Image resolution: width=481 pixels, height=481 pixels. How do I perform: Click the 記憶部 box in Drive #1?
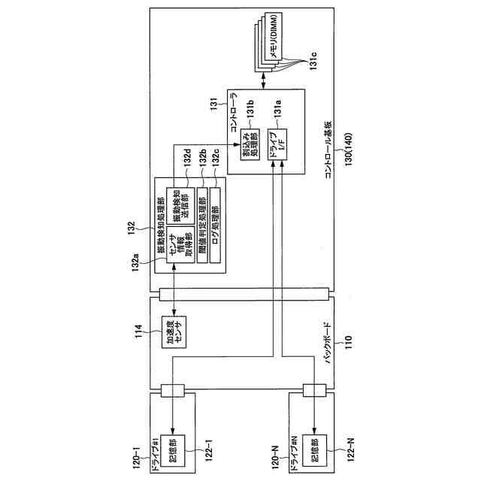click(173, 443)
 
